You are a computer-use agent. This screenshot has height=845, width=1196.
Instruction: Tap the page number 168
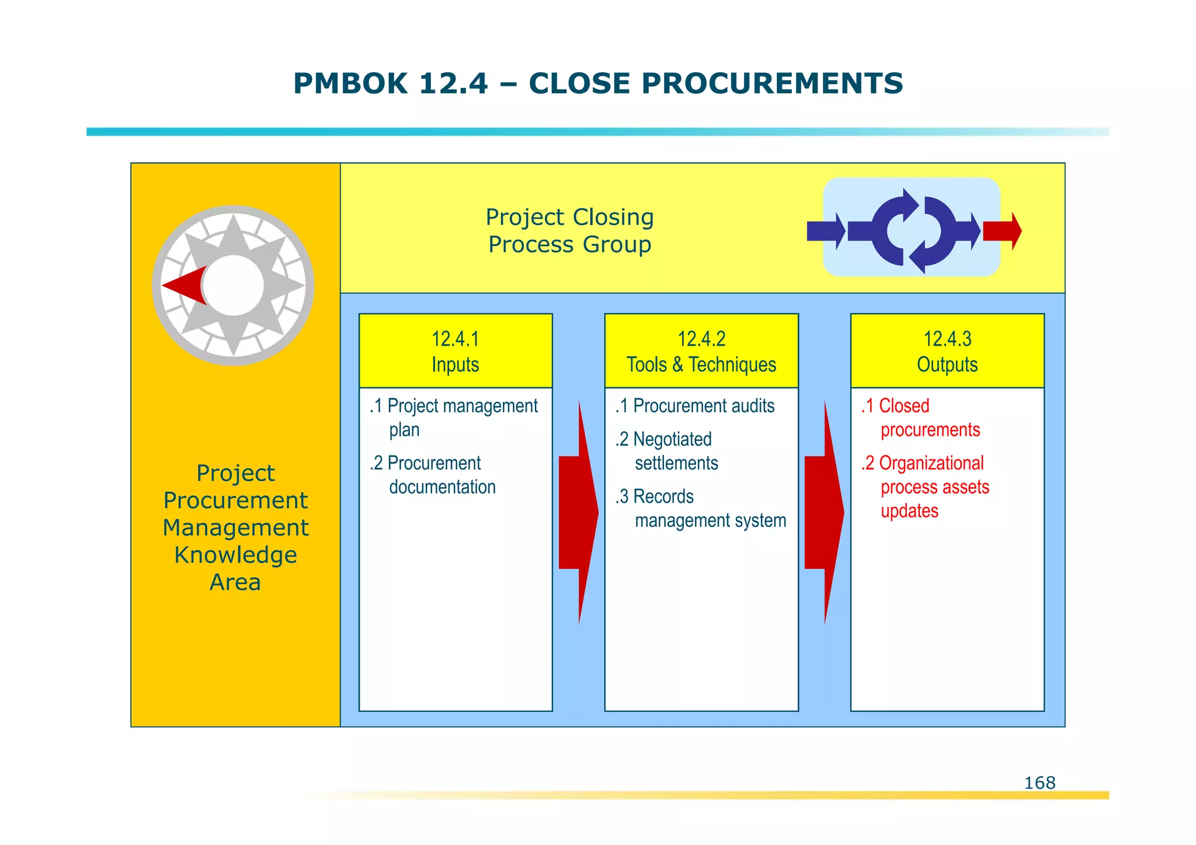1039,783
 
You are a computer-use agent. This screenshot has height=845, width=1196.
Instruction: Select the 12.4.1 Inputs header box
456,351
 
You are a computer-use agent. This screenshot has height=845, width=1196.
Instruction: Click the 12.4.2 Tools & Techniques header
701,351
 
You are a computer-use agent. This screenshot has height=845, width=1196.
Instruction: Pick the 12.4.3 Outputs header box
947,351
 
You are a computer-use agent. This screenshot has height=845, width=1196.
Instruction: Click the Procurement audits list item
695,406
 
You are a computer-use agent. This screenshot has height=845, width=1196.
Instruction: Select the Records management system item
701,508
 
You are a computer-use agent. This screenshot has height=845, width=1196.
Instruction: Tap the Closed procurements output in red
922,418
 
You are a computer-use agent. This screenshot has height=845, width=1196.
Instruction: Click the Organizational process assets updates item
926,486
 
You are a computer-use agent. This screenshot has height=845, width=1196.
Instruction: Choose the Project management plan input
454,417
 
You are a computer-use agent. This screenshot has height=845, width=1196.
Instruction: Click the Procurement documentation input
433,475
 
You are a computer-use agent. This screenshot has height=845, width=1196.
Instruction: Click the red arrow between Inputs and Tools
578,512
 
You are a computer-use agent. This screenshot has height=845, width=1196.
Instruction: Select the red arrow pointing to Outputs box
823,512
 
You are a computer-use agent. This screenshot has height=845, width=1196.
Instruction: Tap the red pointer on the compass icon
186,286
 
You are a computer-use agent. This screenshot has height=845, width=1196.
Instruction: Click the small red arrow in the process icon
1002,231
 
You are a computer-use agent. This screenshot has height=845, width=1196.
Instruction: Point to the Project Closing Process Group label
569,231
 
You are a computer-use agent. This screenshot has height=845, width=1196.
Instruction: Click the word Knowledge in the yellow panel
235,555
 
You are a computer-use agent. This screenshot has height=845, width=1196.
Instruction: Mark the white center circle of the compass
234,286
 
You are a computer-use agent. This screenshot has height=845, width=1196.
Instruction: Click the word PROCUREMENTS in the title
772,83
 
